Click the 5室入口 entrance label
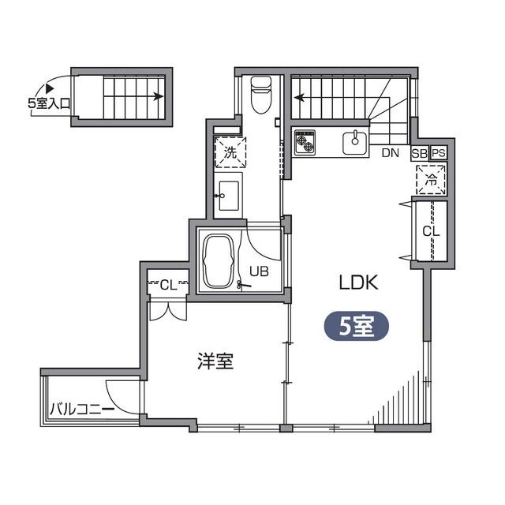click(x=48, y=102)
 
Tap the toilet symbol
click(x=260, y=94)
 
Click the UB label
click(x=259, y=272)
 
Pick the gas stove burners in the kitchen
click(x=305, y=142)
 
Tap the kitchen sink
click(x=354, y=143)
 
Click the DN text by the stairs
click(x=390, y=153)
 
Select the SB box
click(x=419, y=153)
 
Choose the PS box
click(x=439, y=153)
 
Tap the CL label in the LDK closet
click(x=430, y=231)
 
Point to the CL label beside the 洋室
click(x=168, y=284)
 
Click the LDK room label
click(x=360, y=282)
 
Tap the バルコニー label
click(x=81, y=409)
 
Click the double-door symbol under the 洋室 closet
click(x=168, y=309)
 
